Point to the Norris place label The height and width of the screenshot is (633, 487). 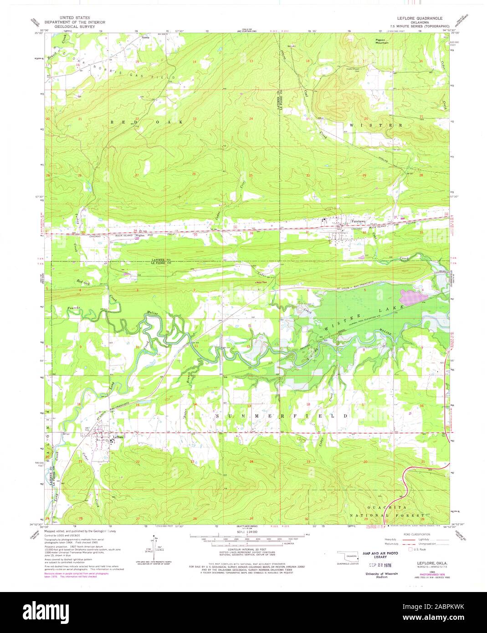(145, 37)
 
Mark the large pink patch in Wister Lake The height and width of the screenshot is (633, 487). (413, 297)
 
